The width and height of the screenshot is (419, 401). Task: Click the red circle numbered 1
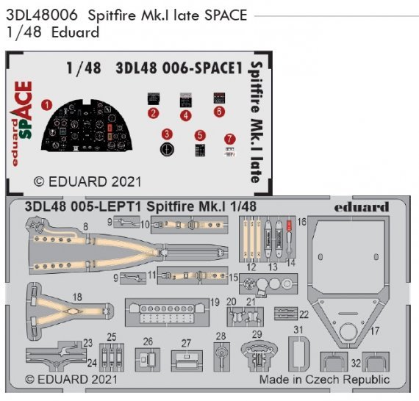coord(46,105)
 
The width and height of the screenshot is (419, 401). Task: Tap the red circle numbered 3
coord(168,134)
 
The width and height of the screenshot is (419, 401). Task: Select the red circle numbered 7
coord(230,138)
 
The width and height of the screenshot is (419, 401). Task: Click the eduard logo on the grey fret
coord(362,207)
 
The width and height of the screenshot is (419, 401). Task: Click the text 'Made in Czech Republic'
coord(324,380)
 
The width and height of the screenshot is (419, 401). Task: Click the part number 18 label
coord(77,297)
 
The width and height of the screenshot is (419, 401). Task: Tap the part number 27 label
coord(186,343)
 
